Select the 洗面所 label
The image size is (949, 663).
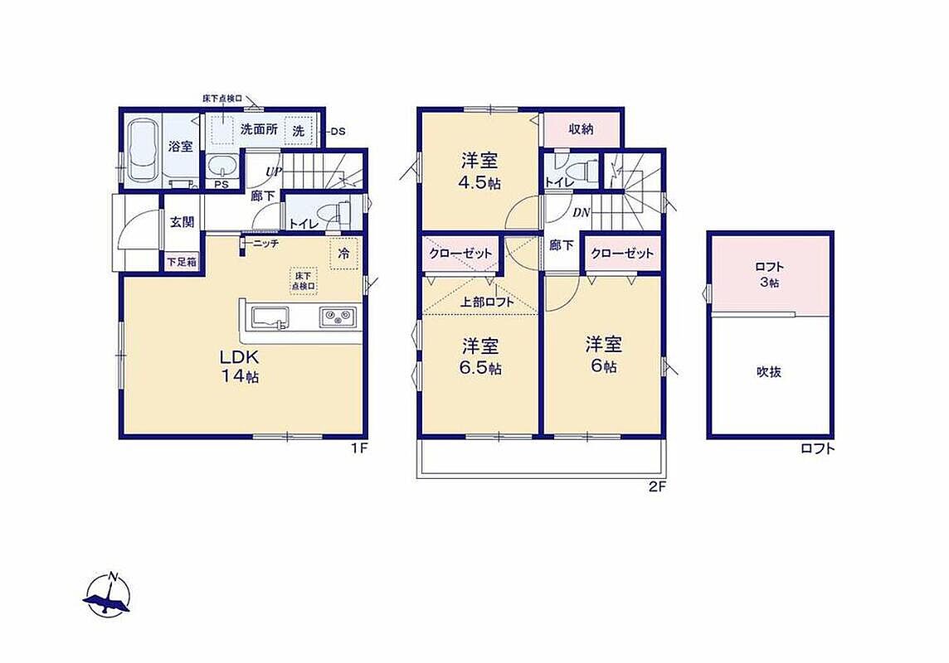pyautogui.click(x=259, y=129)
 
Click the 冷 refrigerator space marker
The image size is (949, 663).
pyautogui.click(x=343, y=254)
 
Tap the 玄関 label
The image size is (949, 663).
pyautogui.click(x=182, y=222)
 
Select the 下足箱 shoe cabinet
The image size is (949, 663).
pyautogui.click(x=182, y=262)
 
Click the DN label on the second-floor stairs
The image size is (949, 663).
pyautogui.click(x=582, y=213)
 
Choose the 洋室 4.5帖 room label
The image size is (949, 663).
pyautogui.click(x=480, y=172)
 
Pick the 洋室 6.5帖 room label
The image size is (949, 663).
pyautogui.click(x=481, y=356)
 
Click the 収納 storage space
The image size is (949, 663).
pyautogui.click(x=581, y=129)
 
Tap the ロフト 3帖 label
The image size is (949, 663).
pyautogui.click(x=769, y=274)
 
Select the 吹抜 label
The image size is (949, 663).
pyautogui.click(x=769, y=372)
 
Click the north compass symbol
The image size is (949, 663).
pyautogui.click(x=109, y=595)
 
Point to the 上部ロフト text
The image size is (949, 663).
pyautogui.click(x=487, y=302)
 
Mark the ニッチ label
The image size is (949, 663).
pyautogui.click(x=265, y=244)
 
